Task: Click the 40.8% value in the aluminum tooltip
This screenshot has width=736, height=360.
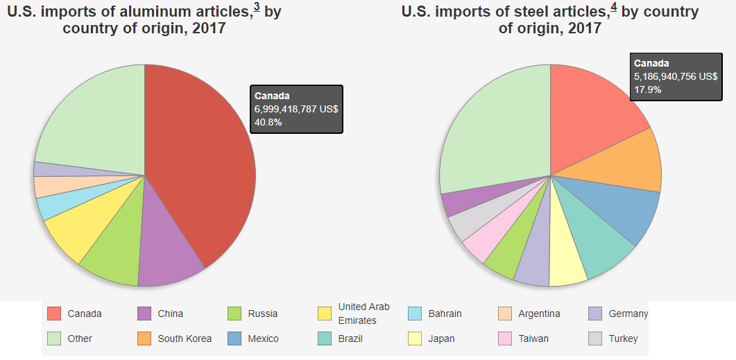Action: coord(268,122)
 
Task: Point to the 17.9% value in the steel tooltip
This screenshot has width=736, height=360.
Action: coord(648,89)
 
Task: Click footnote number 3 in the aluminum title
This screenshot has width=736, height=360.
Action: coord(257,8)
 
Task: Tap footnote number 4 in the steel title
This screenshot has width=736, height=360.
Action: coord(613,8)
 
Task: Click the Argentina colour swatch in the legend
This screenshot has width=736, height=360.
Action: coord(506,314)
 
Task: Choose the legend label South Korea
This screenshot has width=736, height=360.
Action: coord(185,338)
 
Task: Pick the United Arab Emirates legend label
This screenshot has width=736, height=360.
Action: coord(363,314)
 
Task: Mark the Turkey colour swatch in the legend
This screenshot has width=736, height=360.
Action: coord(596,338)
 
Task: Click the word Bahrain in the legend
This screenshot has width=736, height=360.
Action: coord(445,314)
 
